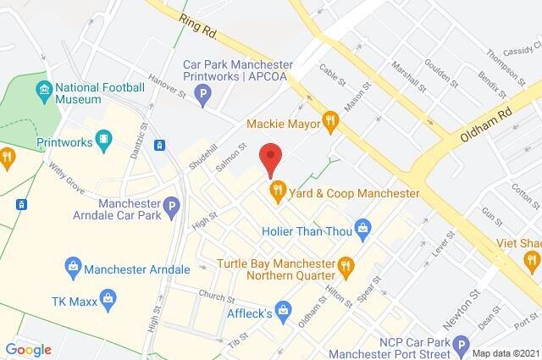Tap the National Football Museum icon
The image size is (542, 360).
coord(44,88)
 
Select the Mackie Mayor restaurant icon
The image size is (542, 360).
coord(331,125)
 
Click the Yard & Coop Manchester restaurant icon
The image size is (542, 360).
coord(275,193)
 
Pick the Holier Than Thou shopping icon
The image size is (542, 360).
coord(363,226)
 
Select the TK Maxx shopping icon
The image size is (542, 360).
coord(108,296)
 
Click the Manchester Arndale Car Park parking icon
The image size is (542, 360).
coord(172,205)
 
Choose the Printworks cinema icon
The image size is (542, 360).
coord(103,138)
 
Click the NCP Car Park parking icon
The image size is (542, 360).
coord(461,344)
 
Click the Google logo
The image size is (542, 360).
coord(28,349)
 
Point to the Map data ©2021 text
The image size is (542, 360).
coord(505,352)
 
